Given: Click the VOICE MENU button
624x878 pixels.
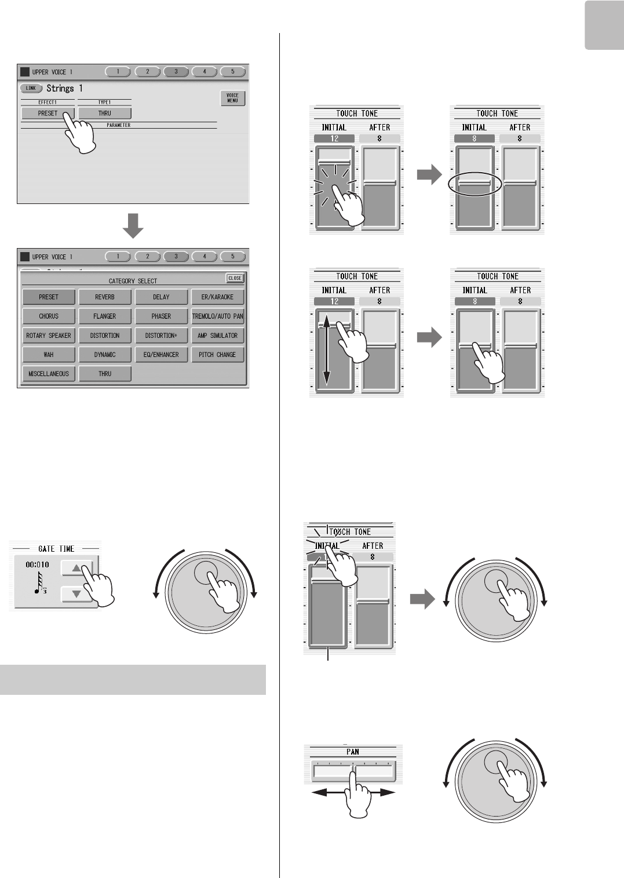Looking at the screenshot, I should (x=232, y=98).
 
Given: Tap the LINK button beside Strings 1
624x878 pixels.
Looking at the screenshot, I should (x=31, y=88).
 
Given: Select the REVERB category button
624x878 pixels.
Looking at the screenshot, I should (x=105, y=297).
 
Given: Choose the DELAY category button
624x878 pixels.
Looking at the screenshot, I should (x=161, y=297).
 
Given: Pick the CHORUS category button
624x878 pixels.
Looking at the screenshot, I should (x=49, y=316).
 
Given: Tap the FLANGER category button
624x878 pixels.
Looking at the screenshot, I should (x=105, y=316).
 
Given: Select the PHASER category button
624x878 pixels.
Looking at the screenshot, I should (x=161, y=316).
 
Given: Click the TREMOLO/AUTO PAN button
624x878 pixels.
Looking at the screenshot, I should (x=218, y=316).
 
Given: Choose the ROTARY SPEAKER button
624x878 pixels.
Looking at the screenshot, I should (x=49, y=335).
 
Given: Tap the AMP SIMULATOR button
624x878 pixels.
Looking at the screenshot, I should (x=218, y=335).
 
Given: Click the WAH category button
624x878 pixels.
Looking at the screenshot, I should (x=49, y=354).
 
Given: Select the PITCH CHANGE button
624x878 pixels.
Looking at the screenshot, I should (x=218, y=354).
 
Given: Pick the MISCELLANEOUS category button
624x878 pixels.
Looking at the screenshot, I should (x=49, y=373).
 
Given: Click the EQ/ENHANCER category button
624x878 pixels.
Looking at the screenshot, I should (x=161, y=354).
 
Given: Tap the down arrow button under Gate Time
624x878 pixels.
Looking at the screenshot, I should (x=76, y=594).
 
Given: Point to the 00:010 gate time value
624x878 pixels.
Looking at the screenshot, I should (x=37, y=564).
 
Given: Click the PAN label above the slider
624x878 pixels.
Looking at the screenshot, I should (x=353, y=752).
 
